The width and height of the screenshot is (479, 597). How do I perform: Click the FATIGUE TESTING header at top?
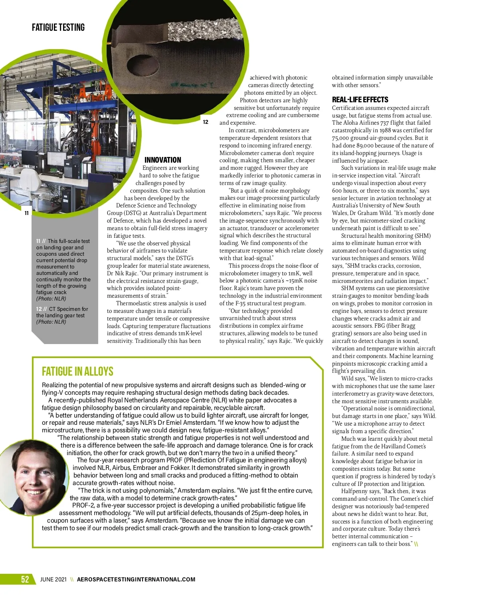[58, 28]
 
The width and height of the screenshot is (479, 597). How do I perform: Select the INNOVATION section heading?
[162, 160]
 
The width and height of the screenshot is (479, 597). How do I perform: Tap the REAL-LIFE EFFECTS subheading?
[360, 100]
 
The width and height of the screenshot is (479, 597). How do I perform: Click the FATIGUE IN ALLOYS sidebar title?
[77, 372]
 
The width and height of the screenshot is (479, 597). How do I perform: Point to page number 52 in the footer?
[25, 579]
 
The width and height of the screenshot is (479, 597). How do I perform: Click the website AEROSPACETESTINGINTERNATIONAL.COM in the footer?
[136, 579]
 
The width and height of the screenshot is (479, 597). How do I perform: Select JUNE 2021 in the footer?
[53, 579]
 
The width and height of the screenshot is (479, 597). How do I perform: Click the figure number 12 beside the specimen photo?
[206, 122]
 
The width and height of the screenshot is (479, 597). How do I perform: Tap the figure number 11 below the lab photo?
[27, 213]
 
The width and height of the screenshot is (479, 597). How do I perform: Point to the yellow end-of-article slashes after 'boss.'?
[416, 544]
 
